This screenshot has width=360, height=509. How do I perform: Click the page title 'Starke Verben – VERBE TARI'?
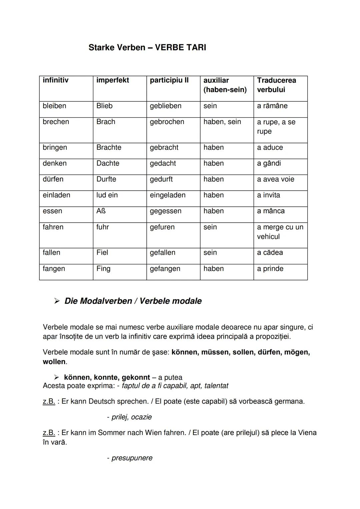(147, 48)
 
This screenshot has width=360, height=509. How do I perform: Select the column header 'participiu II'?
(169, 80)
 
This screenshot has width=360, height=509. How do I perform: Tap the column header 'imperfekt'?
(112, 80)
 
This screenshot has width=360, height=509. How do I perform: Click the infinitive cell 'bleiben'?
(54, 106)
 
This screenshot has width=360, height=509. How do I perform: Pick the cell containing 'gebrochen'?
(167, 122)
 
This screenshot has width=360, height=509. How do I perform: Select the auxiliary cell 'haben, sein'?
(222, 122)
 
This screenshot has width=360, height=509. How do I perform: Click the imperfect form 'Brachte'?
(109, 148)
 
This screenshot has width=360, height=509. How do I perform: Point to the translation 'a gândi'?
(269, 163)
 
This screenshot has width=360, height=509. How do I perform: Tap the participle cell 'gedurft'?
(161, 179)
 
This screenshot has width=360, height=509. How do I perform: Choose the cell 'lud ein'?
(107, 195)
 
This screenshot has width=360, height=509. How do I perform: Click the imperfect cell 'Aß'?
(101, 211)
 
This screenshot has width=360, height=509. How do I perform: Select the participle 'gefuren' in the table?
(162, 227)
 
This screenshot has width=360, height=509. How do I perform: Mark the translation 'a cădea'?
(270, 253)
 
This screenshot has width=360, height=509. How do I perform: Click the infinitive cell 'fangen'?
(54, 269)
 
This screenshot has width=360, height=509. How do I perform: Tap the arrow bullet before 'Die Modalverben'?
(57, 301)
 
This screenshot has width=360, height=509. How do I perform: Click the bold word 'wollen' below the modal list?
(54, 362)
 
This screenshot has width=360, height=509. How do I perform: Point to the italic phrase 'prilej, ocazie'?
(131, 417)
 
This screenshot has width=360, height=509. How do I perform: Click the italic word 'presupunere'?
(132, 458)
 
